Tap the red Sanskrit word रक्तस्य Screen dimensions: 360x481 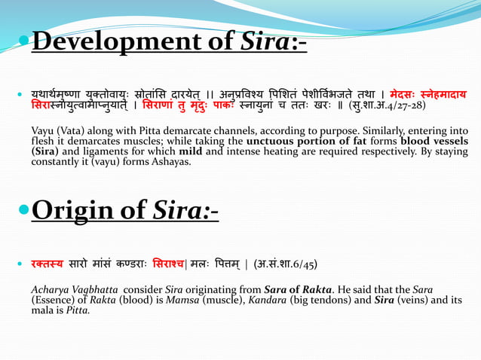[48, 265]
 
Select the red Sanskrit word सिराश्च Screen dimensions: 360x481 [195, 265]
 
